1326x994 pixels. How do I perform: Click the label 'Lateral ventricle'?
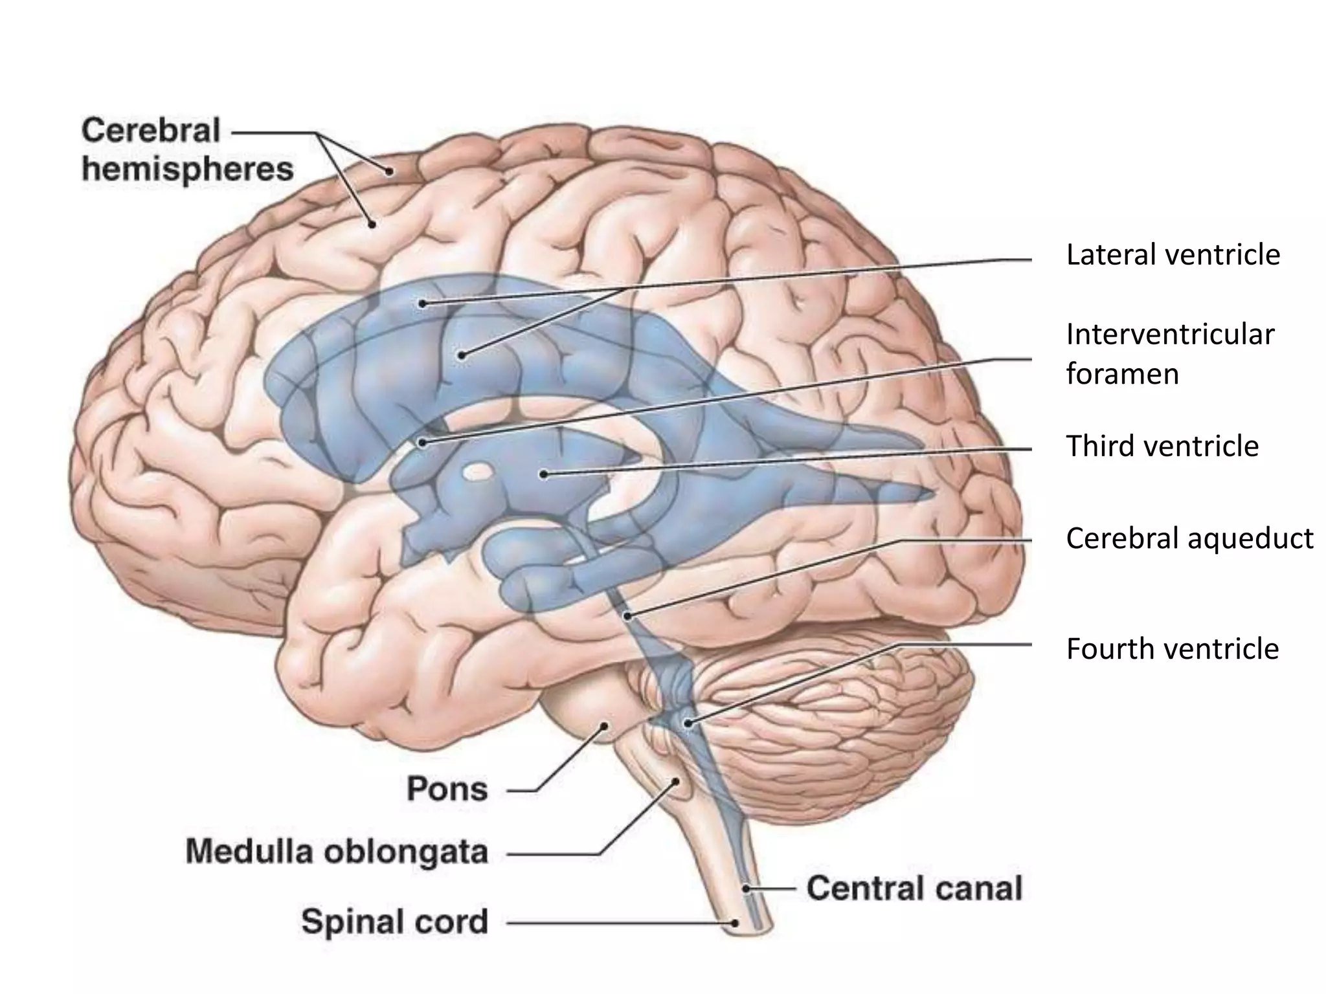click(x=1173, y=255)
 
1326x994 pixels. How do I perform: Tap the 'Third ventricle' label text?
click(x=1162, y=447)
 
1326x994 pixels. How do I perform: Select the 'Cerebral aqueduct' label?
click(x=1189, y=538)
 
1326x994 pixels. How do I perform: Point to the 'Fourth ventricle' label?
click(x=1172, y=649)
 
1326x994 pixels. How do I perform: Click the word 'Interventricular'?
click(x=1170, y=335)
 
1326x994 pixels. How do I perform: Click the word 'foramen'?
click(x=1122, y=375)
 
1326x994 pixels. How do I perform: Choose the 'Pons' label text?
click(x=447, y=790)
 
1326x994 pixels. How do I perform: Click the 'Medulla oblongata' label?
click(x=337, y=852)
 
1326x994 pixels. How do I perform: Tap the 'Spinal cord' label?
click(x=394, y=922)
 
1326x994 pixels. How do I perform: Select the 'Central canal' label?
click(x=914, y=889)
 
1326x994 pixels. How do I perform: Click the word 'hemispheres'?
click(x=188, y=170)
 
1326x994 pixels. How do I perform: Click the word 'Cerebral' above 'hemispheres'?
click(x=151, y=131)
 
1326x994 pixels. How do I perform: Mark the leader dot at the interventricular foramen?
click(x=422, y=443)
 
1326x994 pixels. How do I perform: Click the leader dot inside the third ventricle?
click(x=544, y=474)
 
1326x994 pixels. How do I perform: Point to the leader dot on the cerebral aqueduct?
click(x=627, y=615)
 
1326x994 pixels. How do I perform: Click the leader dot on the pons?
click(x=605, y=726)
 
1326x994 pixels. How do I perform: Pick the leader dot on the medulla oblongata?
click(x=676, y=781)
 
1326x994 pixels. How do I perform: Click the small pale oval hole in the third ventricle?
click(x=478, y=472)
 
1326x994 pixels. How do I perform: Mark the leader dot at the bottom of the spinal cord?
click(x=735, y=923)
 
